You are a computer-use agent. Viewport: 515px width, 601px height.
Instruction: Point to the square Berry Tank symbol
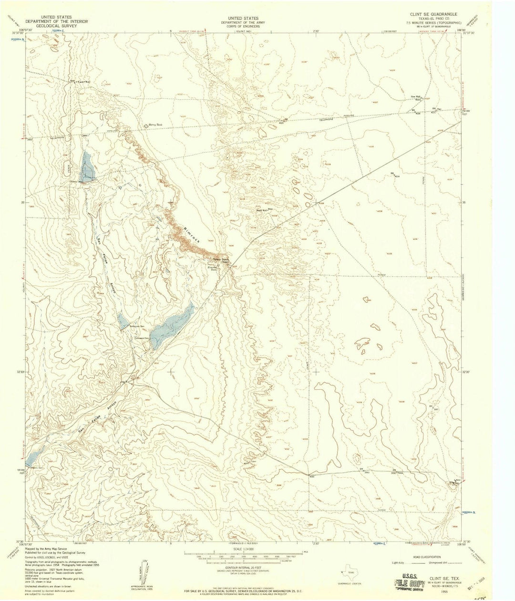pyautogui.click(x=146, y=125)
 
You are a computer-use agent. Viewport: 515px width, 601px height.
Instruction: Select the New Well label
pyautogui.click(x=415, y=97)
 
